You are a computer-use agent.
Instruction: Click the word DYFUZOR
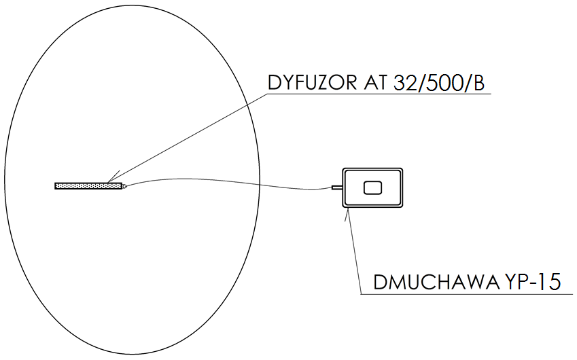[312, 82]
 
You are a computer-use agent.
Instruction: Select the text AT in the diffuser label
[375, 82]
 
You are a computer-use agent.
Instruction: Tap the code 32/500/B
[439, 83]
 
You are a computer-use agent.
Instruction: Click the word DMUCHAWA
[436, 283]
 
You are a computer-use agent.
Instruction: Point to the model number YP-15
[532, 283]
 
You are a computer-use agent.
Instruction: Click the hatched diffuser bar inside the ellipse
[88, 186]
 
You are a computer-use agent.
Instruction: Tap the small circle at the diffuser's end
[124, 186]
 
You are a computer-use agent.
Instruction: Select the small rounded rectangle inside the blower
[372, 188]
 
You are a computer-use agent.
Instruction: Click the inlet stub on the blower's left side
[336, 188]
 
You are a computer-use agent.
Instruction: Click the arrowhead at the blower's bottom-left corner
[347, 214]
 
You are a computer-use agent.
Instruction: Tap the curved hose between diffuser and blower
[228, 183]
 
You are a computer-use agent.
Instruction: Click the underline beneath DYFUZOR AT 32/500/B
[379, 94]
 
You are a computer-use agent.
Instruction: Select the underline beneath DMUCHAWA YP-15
[467, 294]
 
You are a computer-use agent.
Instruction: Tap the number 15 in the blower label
[550, 283]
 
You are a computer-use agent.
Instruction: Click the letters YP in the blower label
[514, 283]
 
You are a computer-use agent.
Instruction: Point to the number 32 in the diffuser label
[405, 83]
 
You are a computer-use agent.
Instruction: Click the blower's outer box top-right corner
[402, 168]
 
